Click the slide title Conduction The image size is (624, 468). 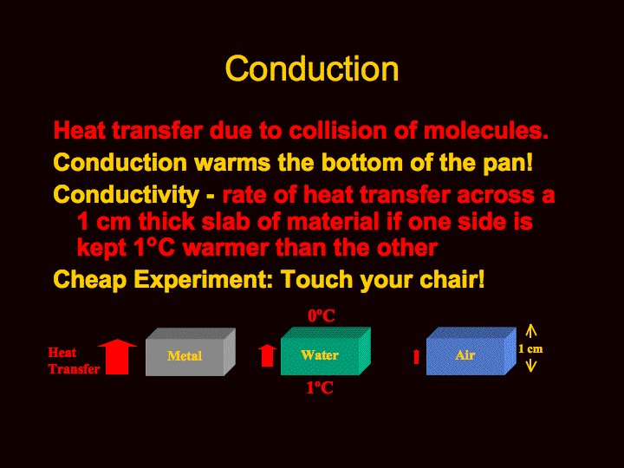pyautogui.click(x=312, y=68)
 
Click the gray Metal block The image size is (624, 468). pyautogui.click(x=190, y=352)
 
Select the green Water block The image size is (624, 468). pyautogui.click(x=326, y=351)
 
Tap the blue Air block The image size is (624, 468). pyautogui.click(x=471, y=351)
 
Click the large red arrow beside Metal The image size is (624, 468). pyautogui.click(x=117, y=356)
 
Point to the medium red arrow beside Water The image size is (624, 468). pyautogui.click(x=267, y=355)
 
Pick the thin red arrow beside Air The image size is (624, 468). pyautogui.click(x=416, y=356)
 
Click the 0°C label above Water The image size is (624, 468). pyautogui.click(x=322, y=316)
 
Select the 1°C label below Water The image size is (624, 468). pyautogui.click(x=320, y=387)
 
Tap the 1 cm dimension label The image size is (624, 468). pyautogui.click(x=530, y=349)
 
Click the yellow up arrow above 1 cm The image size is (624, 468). pyautogui.click(x=531, y=331)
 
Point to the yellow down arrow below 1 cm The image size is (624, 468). pyautogui.click(x=531, y=366)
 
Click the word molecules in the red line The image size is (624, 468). pyautogui.click(x=486, y=130)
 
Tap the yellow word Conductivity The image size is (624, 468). pyautogui.click(x=127, y=195)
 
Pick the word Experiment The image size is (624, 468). pyautogui.click(x=204, y=280)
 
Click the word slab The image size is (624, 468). pyautogui.click(x=225, y=221)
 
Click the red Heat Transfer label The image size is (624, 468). pyautogui.click(x=74, y=361)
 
